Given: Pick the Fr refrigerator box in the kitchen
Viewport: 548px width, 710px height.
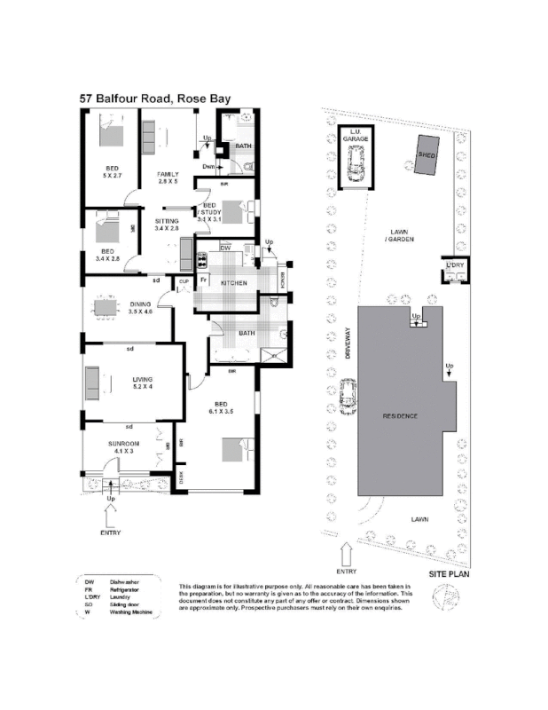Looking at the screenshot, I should (204, 280).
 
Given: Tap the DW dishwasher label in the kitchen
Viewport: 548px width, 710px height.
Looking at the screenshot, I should (225, 249).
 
